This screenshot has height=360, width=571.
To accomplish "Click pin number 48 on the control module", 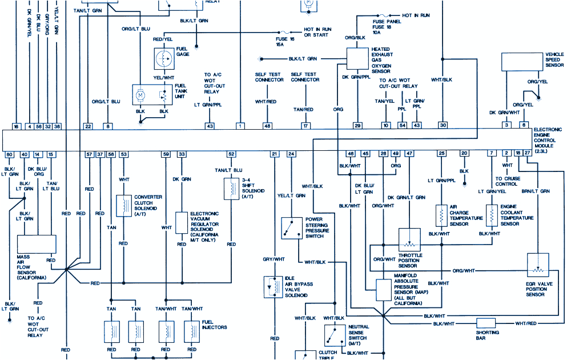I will [x=267, y=126].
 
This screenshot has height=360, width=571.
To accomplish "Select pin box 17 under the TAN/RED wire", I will [x=306, y=126].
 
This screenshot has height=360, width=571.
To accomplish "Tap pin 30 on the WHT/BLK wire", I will [x=443, y=126].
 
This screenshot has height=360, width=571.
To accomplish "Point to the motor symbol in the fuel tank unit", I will [x=140, y=93].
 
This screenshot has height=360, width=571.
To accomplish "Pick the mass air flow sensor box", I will [x=37, y=244].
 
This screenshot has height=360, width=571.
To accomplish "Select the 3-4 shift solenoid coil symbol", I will [x=231, y=188].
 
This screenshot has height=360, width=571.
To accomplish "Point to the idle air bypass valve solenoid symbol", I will [x=271, y=287].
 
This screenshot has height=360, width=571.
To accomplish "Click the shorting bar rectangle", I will [x=486, y=323].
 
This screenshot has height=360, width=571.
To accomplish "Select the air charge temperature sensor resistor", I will [x=441, y=215].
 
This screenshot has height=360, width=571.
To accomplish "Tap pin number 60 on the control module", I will [x=10, y=154].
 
